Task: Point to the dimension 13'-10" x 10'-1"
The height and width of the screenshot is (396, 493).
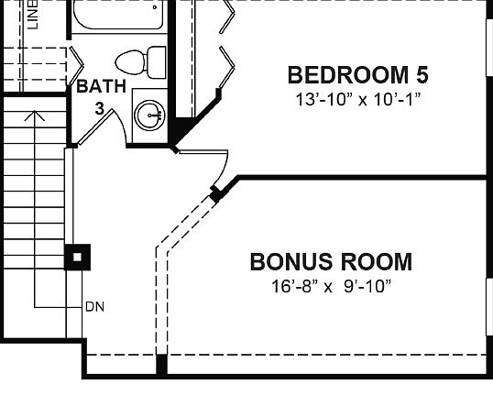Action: point(357,97)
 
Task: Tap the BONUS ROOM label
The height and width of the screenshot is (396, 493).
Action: point(331,262)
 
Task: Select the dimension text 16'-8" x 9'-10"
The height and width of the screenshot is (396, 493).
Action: point(331,286)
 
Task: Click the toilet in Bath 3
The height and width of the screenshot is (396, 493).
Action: point(134,60)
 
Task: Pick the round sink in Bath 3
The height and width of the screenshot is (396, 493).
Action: point(149,115)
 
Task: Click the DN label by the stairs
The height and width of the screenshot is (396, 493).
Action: point(94,306)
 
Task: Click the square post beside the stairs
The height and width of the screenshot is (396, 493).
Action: point(78,257)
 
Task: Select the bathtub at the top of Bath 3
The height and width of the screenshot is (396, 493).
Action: point(116,16)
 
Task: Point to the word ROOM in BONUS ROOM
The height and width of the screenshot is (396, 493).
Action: point(371,262)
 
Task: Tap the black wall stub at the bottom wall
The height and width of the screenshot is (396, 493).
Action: point(161,364)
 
